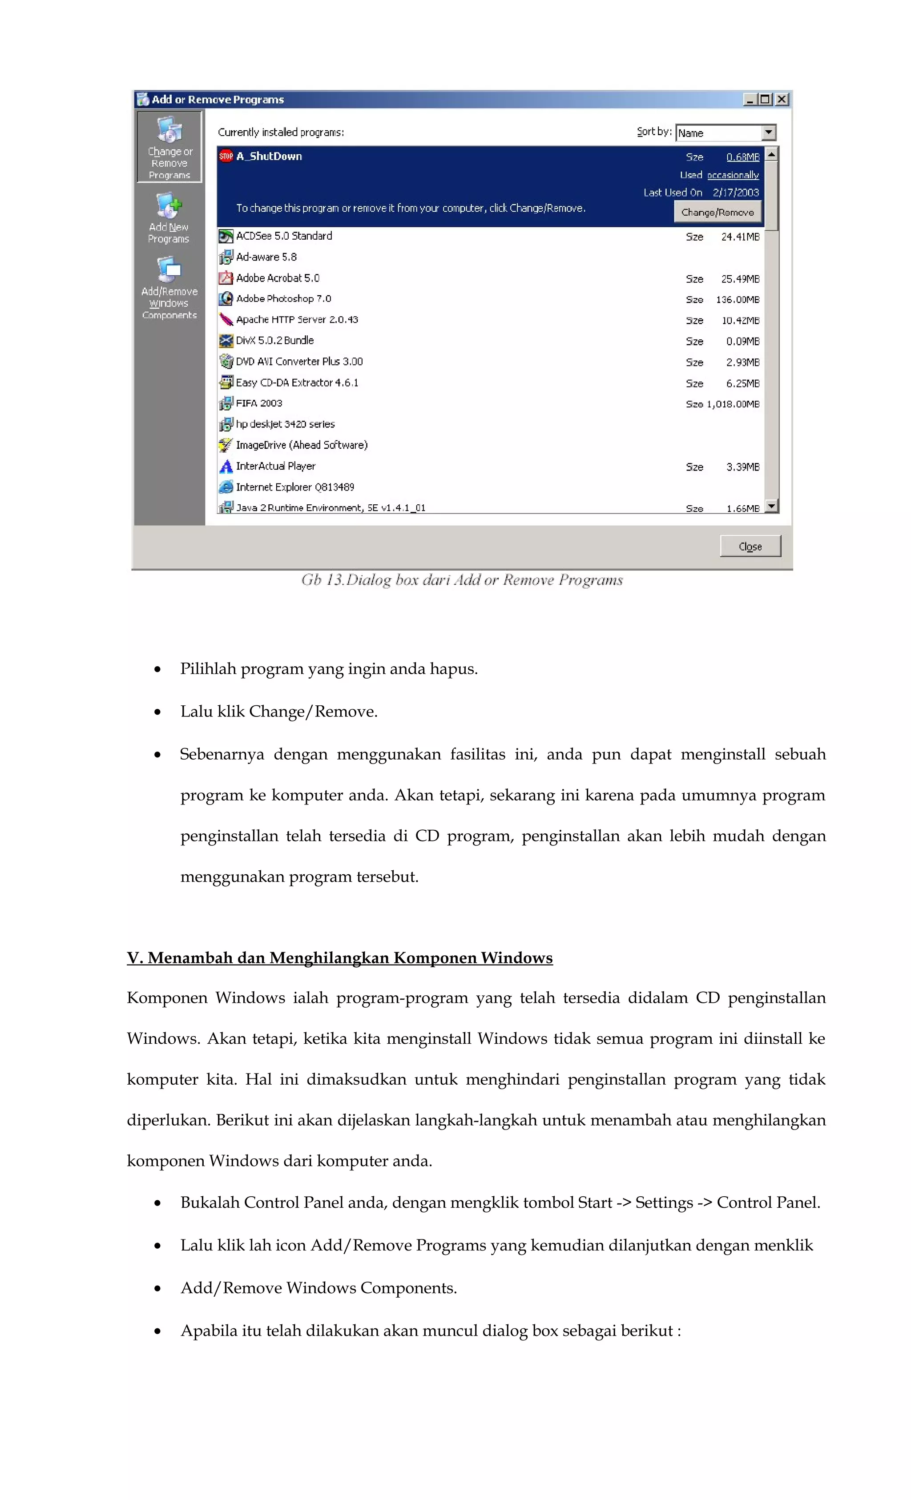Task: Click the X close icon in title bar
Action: (782, 99)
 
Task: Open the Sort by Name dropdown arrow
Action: (769, 132)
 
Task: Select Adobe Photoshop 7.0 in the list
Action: (283, 299)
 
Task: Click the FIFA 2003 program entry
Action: (259, 403)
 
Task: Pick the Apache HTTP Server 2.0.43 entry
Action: (297, 320)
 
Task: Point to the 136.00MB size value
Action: (738, 300)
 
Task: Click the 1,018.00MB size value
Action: (733, 404)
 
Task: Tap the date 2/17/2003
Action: (736, 193)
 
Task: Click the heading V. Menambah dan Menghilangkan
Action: (339, 957)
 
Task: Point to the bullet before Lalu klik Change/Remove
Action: (158, 712)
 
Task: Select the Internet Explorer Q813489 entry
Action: (295, 487)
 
